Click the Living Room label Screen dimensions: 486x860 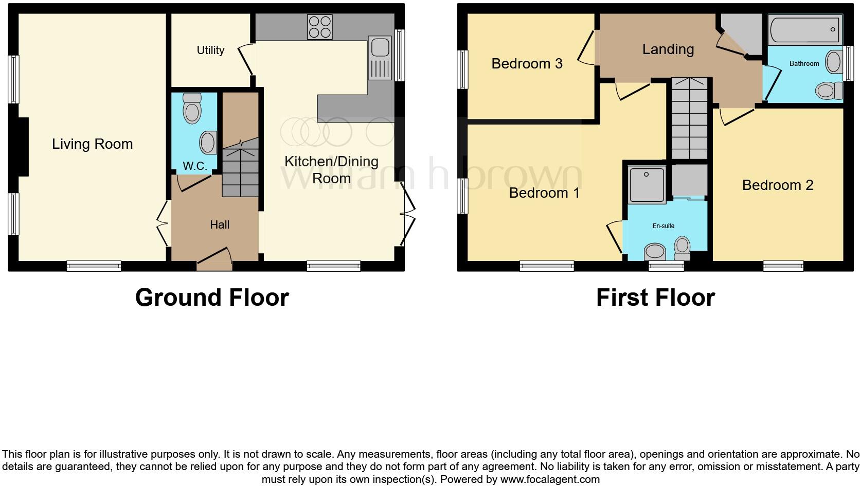(92, 144)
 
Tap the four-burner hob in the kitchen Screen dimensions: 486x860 (319, 27)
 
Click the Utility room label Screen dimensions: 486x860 (210, 50)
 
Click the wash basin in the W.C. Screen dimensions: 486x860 (208, 143)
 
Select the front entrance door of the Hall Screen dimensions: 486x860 (214, 259)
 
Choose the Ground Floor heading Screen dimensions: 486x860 (212, 298)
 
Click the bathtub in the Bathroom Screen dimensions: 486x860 (804, 30)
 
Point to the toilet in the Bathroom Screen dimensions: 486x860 (828, 91)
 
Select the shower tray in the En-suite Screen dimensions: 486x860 (647, 183)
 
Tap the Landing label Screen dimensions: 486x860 (668, 49)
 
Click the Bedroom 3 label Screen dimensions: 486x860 (527, 64)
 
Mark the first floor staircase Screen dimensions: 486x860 (689, 118)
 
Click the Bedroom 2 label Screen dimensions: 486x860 (777, 185)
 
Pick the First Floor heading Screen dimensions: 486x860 (655, 298)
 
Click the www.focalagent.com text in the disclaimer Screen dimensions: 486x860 (549, 479)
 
